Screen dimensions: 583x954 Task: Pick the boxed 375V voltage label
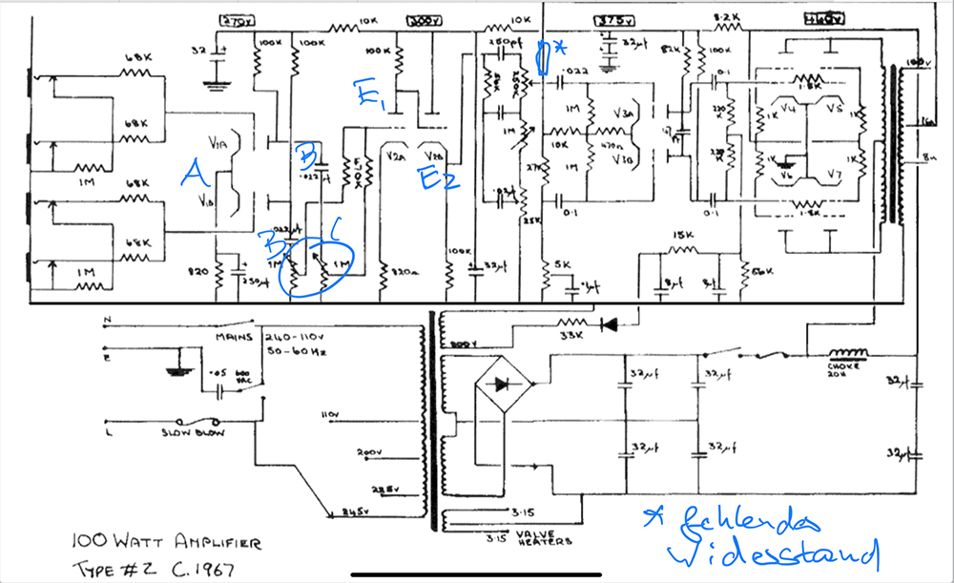tap(609, 20)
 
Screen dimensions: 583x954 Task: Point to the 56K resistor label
tap(760, 271)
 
